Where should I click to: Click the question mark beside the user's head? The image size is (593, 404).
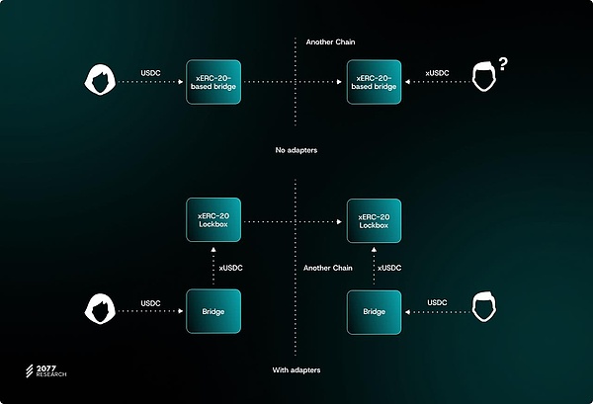pyautogui.click(x=503, y=65)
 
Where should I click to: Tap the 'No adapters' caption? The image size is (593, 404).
pyautogui.click(x=296, y=150)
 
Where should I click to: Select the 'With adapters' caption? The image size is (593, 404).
pyautogui.click(x=296, y=370)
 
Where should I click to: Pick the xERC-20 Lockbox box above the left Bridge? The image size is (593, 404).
pyautogui.click(x=213, y=221)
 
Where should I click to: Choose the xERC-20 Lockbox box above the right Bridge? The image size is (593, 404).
pyautogui.click(x=374, y=221)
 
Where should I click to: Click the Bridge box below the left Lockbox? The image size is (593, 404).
pyautogui.click(x=213, y=312)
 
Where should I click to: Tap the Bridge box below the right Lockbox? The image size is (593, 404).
pyautogui.click(x=374, y=312)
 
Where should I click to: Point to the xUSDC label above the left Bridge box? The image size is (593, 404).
pyautogui.click(x=232, y=268)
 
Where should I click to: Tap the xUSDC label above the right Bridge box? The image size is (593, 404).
pyautogui.click(x=389, y=268)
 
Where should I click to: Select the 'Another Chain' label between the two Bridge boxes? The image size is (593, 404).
pyautogui.click(x=328, y=268)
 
